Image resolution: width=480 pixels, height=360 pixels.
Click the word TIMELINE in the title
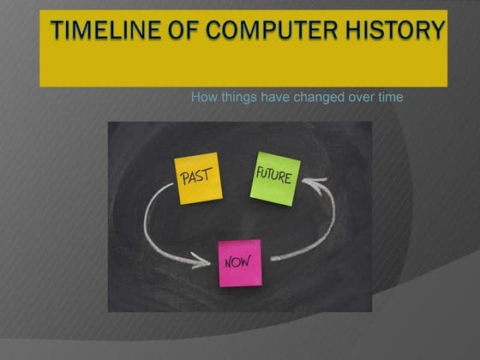click(x=99, y=32)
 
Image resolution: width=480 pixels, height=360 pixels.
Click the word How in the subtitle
click(x=204, y=97)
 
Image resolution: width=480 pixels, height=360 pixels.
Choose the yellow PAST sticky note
click(x=198, y=178)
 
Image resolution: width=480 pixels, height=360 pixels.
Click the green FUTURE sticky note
click(x=275, y=177)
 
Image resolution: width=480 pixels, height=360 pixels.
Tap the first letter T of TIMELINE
click(x=57, y=32)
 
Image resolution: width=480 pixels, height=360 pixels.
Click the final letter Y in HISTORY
click(x=437, y=32)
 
